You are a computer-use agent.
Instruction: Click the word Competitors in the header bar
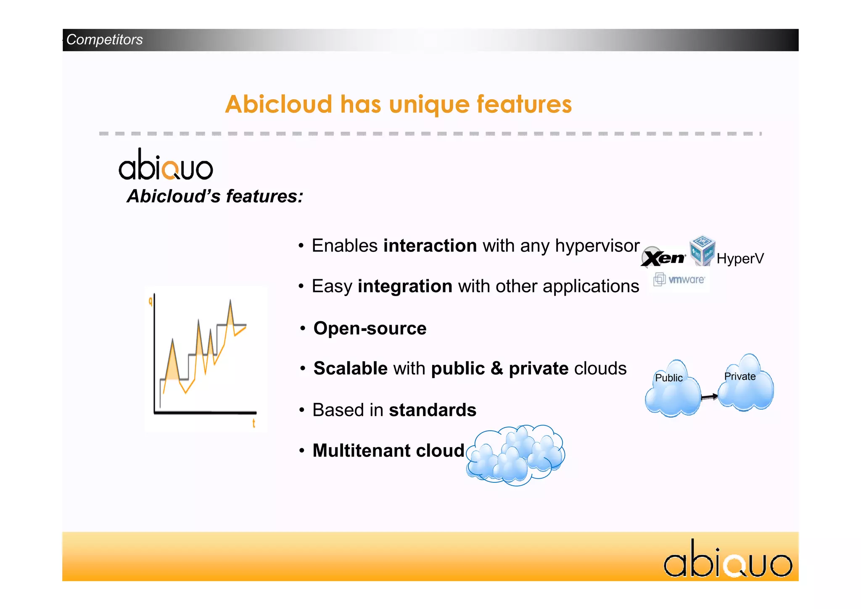[104, 40]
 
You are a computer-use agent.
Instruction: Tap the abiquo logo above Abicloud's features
[166, 165]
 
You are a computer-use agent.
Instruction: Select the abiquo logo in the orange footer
[728, 559]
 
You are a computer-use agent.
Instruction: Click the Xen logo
[663, 257]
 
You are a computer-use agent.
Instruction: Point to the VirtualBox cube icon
[702, 251]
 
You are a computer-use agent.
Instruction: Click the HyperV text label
[740, 258]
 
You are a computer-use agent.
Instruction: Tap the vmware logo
[680, 280]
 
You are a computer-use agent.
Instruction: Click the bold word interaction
[430, 246]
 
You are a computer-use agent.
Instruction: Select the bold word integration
[405, 286]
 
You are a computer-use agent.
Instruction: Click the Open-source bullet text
[370, 328]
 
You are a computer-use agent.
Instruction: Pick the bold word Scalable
[350, 368]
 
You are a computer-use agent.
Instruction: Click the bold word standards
[432, 410]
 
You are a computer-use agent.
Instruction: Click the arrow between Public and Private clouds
[709, 397]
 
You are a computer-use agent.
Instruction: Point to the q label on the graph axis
[151, 301]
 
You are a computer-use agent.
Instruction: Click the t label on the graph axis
[254, 423]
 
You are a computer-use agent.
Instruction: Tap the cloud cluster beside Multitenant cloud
[515, 455]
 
